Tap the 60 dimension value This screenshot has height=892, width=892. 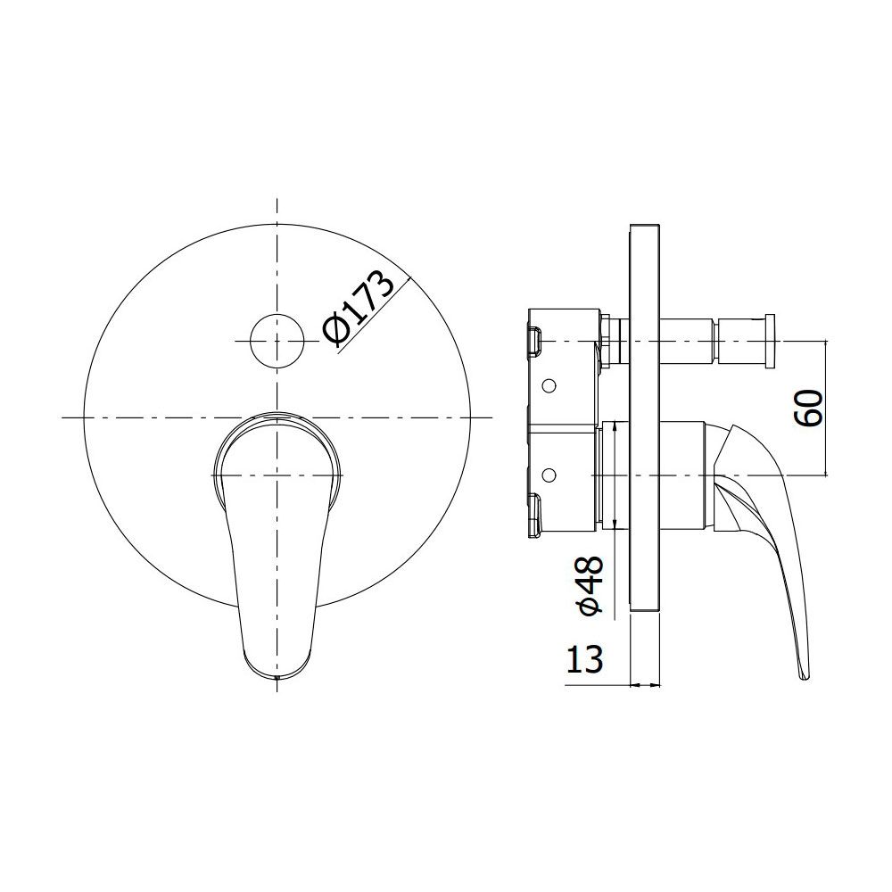pyautogui.click(x=808, y=408)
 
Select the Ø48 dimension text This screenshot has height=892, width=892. pyautogui.click(x=589, y=586)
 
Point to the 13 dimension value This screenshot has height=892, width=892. pyautogui.click(x=584, y=659)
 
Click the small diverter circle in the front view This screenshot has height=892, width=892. pyautogui.click(x=277, y=340)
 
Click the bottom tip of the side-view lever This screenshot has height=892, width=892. pyautogui.click(x=804, y=677)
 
